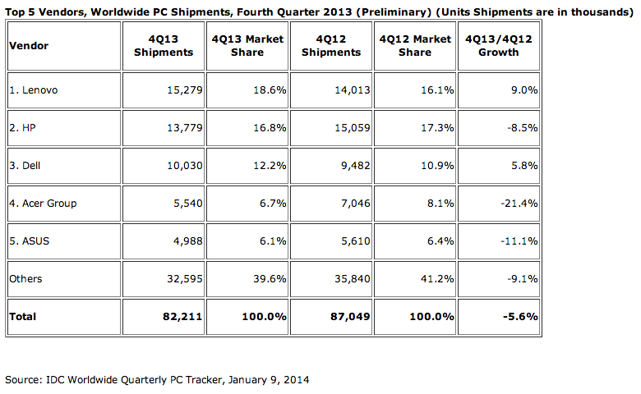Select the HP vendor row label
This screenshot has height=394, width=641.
pos(21,128)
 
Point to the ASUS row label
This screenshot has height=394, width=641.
pos(28,241)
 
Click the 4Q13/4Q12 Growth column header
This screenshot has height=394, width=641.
pos(499,45)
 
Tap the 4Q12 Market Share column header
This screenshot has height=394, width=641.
pos(415,45)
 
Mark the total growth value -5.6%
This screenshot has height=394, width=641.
pos(521,316)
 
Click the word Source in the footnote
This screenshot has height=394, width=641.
pos(23,380)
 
